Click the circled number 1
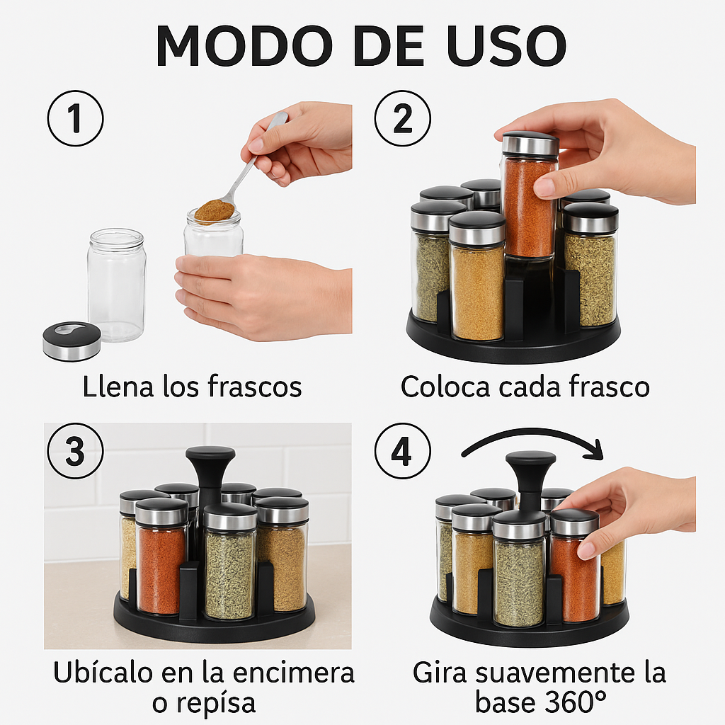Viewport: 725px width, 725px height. click(x=75, y=118)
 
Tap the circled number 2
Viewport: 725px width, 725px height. click(x=402, y=118)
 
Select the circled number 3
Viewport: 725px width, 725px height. click(x=75, y=452)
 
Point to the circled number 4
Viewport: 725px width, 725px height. click(x=402, y=452)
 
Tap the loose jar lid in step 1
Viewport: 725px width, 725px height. click(x=72, y=340)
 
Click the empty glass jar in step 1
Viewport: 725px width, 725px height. click(x=117, y=285)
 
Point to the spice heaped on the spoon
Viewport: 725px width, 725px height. click(x=214, y=210)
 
